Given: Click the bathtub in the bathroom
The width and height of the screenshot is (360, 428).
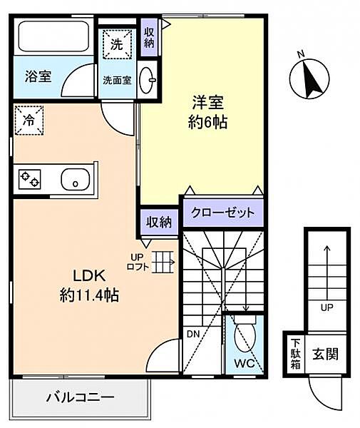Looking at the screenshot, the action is [53, 36].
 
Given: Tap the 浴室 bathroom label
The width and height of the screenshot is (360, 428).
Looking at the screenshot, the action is [38, 76].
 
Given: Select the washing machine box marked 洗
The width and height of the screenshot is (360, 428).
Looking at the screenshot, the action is [117, 44].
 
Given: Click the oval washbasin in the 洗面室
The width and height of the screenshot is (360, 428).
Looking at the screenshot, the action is [148, 80].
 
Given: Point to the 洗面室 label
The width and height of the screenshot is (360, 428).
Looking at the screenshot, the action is [117, 81].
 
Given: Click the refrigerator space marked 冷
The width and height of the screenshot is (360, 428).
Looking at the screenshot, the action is [29, 120].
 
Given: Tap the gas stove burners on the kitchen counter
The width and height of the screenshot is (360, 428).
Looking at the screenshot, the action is [30, 179].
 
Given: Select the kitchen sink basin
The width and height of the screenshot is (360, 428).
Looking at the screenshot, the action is [76, 179].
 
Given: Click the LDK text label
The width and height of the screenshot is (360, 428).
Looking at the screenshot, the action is [89, 276].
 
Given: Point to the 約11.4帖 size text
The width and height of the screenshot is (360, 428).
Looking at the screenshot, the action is [89, 295].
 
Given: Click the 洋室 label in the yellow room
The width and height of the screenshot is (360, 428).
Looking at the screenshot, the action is [208, 102].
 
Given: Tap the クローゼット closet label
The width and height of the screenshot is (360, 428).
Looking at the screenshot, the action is [223, 213].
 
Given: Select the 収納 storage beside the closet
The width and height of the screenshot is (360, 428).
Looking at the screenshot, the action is [159, 222].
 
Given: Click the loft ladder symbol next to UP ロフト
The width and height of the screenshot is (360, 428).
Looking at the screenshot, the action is [163, 262].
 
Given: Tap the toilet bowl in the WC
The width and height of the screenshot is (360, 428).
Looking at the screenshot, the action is [245, 334].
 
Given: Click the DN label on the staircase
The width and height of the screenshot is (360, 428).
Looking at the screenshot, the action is [193, 334].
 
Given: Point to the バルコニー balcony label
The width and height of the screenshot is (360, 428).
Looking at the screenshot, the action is [80, 397].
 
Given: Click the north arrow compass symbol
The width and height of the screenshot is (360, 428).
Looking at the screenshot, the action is [309, 79].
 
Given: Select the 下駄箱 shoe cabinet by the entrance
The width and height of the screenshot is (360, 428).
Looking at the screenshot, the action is [295, 354].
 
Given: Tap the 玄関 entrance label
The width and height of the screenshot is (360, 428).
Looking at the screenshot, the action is [326, 354].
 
